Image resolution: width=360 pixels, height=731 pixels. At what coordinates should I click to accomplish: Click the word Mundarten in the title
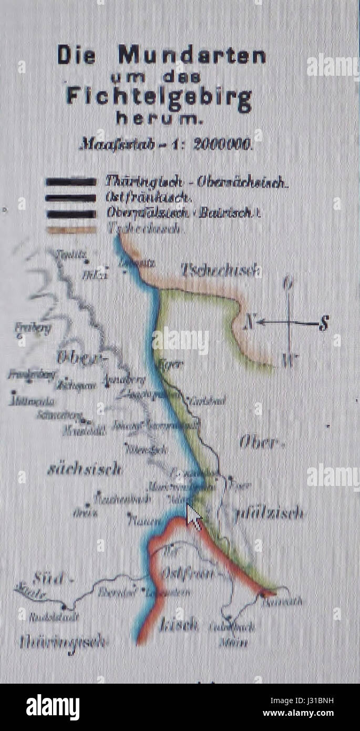click(x=192, y=55)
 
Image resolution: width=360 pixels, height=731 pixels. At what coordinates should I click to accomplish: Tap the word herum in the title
click(x=159, y=120)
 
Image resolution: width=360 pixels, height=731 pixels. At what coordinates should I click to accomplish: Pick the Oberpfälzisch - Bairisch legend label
click(x=183, y=214)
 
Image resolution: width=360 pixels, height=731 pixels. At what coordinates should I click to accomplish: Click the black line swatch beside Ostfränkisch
click(x=71, y=198)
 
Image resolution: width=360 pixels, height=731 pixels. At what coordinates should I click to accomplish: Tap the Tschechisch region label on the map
click(x=221, y=270)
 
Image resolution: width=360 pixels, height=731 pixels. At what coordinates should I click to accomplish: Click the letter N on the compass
click(x=250, y=322)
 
